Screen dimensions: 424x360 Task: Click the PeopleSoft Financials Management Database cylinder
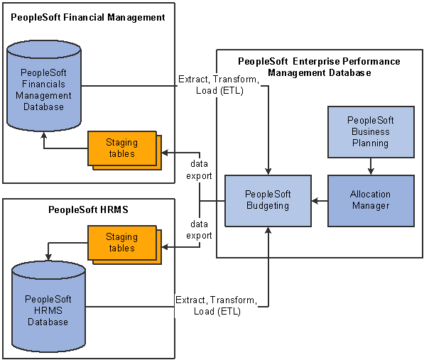(x=44, y=86)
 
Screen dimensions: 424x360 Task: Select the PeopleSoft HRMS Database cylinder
(x=49, y=307)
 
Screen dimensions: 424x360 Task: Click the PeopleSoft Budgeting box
(x=268, y=201)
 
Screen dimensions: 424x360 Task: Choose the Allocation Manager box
(x=371, y=201)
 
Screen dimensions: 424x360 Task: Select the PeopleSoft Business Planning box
(x=371, y=132)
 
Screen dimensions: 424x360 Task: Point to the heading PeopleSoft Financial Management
(x=88, y=18)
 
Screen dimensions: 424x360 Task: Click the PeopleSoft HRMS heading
(x=88, y=209)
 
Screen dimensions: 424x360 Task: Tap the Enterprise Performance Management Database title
(x=319, y=67)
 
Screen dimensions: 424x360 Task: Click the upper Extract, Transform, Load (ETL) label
(x=219, y=84)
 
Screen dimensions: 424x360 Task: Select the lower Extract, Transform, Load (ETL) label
(x=217, y=305)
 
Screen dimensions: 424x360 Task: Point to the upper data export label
(x=199, y=170)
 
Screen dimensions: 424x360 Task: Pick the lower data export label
(x=199, y=230)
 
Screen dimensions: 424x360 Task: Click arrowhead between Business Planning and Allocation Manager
(x=371, y=171)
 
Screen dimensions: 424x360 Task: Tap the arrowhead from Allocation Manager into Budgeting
(x=315, y=201)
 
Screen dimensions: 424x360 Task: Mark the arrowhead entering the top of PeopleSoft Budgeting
(x=268, y=171)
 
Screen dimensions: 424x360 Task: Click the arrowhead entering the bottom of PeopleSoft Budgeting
(x=268, y=230)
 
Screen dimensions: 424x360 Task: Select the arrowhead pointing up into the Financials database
(x=44, y=136)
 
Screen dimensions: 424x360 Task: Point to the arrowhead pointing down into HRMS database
(x=48, y=257)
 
